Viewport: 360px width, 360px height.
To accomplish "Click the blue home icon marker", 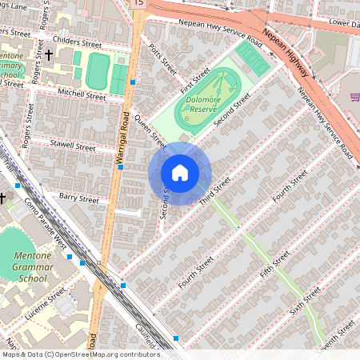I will coord(180,173).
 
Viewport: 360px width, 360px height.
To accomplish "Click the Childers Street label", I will coord(77,39).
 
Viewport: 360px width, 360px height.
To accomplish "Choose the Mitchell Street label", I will coord(82,95).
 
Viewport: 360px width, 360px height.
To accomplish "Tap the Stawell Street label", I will coord(73,147).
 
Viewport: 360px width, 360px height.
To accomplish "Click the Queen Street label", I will coord(149,133).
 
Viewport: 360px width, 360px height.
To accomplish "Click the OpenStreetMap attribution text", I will coord(80,354).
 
